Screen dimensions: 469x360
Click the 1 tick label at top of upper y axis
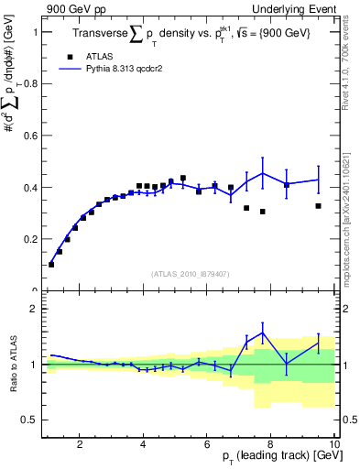click(x=35, y=32)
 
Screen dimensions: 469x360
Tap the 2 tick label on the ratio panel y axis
click(x=35, y=310)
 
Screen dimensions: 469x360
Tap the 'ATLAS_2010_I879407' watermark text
click(x=189, y=274)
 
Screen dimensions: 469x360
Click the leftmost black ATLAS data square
click(x=51, y=264)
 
